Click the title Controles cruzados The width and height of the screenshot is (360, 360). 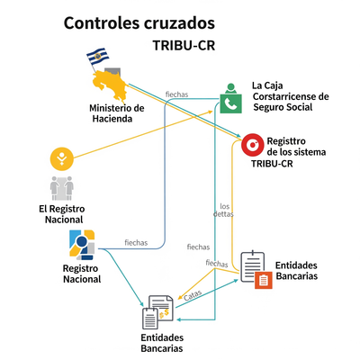pyautogui.click(x=139, y=22)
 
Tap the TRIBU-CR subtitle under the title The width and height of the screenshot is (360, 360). pyautogui.click(x=184, y=45)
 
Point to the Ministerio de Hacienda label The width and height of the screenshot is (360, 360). pyautogui.click(x=117, y=112)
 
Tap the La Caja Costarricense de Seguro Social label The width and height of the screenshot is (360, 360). pyautogui.click(x=290, y=96)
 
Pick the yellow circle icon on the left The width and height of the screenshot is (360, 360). pyautogui.click(x=61, y=159)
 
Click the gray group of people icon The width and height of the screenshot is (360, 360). pyautogui.click(x=61, y=188)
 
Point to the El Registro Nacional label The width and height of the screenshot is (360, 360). pyautogui.click(x=61, y=214)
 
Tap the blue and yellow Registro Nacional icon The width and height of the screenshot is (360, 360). pyautogui.click(x=82, y=245)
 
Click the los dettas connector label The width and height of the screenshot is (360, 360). pyautogui.click(x=226, y=210)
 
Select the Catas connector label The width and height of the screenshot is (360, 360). pyautogui.click(x=192, y=293)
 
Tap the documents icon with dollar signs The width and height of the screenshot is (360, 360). pyautogui.click(x=158, y=310)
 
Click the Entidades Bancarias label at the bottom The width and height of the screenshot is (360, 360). pyautogui.click(x=162, y=342)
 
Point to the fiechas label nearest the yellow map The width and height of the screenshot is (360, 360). pyautogui.click(x=176, y=94)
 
